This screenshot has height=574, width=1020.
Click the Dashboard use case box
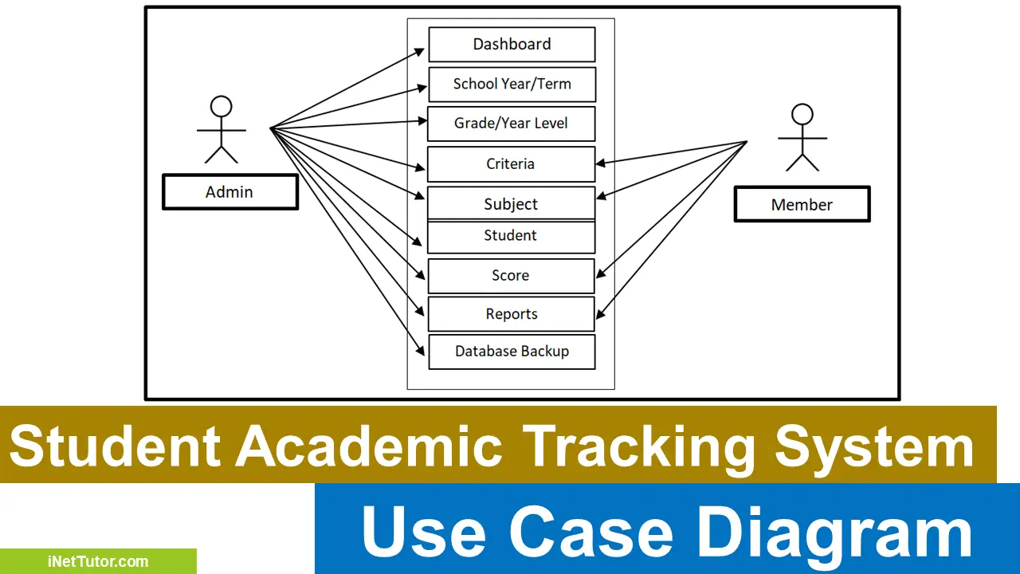point(512,45)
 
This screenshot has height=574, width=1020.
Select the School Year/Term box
point(512,85)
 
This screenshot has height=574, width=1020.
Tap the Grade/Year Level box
point(511,124)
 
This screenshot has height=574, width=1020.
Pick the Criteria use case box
point(511,164)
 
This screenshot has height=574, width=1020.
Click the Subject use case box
point(511,204)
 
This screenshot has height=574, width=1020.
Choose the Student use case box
point(511,237)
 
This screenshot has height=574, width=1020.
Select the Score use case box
point(511,276)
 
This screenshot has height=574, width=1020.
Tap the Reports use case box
point(511,314)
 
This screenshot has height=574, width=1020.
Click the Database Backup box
point(512,352)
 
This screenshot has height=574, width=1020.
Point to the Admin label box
point(229,192)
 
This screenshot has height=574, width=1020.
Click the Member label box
point(802,205)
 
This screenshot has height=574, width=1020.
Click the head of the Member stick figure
point(802,114)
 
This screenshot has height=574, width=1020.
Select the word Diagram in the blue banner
point(832,533)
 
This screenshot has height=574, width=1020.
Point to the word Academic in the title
point(368,446)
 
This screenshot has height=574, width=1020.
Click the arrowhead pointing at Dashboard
point(422,49)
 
